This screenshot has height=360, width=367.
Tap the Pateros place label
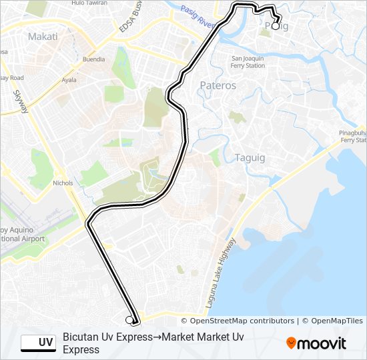[x=218, y=85]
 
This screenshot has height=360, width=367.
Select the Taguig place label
[x=250, y=157]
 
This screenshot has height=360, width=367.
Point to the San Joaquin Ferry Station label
[x=248, y=62]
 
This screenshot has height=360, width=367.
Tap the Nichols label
[x=62, y=182]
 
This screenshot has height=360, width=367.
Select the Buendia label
[x=93, y=59]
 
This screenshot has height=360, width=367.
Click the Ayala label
[x=69, y=79]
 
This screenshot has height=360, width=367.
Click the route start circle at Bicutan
[x=129, y=320]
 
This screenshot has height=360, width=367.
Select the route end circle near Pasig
[x=276, y=27]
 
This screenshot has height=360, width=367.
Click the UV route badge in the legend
[x=38, y=343]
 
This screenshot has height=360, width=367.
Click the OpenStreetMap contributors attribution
[x=238, y=321]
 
